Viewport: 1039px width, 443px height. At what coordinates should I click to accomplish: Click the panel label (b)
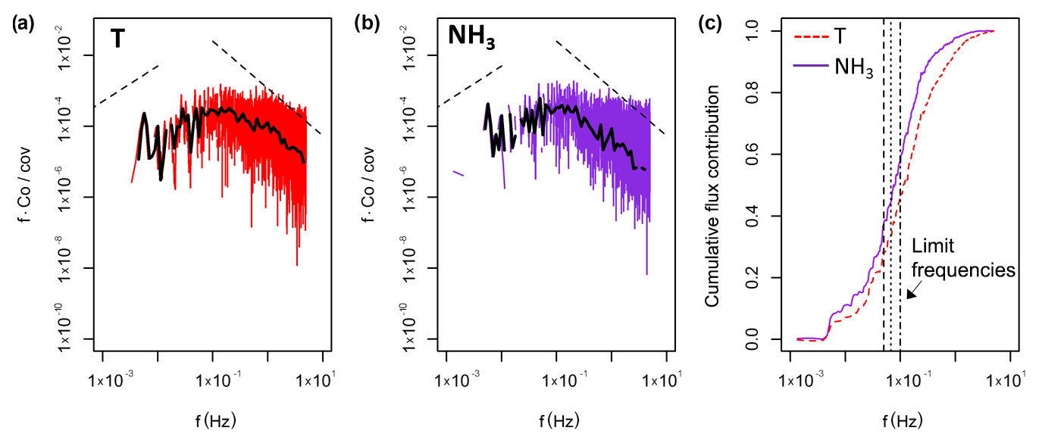tap(366, 23)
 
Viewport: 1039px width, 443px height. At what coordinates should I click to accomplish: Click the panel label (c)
tap(712, 23)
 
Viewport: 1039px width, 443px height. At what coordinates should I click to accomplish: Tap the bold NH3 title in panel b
tap(471, 38)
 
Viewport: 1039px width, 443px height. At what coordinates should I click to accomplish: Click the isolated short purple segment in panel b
tap(458, 173)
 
